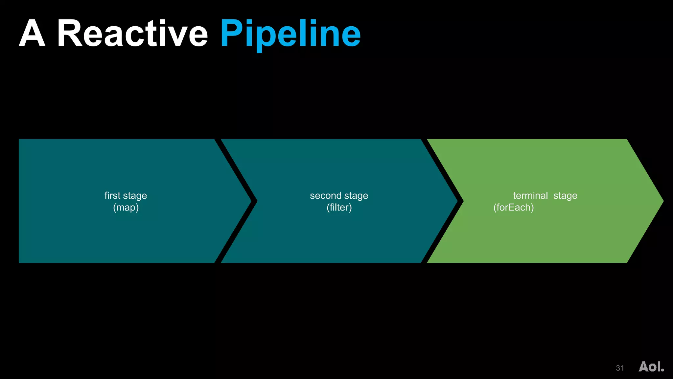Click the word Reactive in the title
point(132,34)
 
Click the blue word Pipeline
point(290,34)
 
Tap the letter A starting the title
point(32,34)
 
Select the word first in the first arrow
point(112,195)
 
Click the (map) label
point(126,208)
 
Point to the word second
point(326,195)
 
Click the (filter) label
point(339,208)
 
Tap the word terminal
point(530,195)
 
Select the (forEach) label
point(513,208)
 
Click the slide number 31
point(620,368)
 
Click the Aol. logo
point(651,366)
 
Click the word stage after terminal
point(565,196)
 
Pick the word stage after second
point(356,196)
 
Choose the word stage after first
point(135,196)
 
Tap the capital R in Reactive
point(70,34)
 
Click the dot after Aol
point(662,370)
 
